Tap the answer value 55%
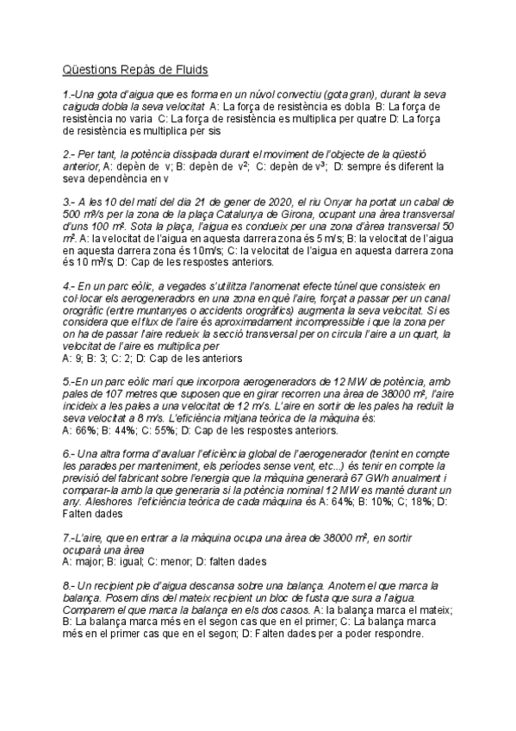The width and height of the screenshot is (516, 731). coord(169,428)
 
